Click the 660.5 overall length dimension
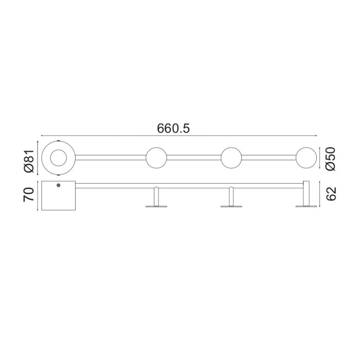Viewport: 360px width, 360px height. pyautogui.click(x=173, y=129)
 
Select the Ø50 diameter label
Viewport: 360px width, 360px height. pyautogui.click(x=330, y=158)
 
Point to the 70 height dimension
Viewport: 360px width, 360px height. pyautogui.click(x=29, y=194)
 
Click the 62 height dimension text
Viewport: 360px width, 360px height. pyautogui.click(x=331, y=194)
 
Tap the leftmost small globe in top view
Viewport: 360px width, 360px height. pyautogui.click(x=156, y=158)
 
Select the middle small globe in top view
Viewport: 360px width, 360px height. pyautogui.click(x=231, y=158)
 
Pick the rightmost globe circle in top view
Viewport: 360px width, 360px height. pyautogui.click(x=306, y=158)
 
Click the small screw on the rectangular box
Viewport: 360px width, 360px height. pyautogui.click(x=58, y=185)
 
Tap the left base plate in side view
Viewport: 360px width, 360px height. pyautogui.click(x=156, y=207)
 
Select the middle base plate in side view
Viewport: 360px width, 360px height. pyautogui.click(x=231, y=207)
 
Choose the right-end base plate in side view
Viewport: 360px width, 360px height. pyautogui.click(x=306, y=207)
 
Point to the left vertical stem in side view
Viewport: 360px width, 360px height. pyautogui.click(x=156, y=196)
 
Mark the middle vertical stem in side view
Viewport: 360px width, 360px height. pyautogui.click(x=231, y=196)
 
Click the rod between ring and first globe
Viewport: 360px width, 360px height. pyautogui.click(x=111, y=158)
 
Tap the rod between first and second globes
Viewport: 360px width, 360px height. pyautogui.click(x=194, y=158)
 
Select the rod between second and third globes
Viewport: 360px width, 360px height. pyautogui.click(x=268, y=158)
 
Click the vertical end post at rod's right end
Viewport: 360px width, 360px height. pyautogui.click(x=306, y=193)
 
